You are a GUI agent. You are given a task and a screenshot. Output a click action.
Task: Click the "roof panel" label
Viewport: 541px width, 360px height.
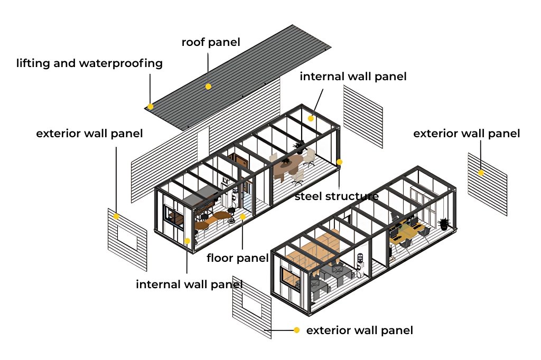(x=211, y=42)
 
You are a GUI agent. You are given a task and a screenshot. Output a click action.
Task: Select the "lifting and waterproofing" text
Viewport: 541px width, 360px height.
(x=89, y=64)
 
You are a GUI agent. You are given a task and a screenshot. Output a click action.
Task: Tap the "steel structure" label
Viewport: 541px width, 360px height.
(x=337, y=196)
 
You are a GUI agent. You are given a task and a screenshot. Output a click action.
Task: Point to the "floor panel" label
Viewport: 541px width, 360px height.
(x=237, y=258)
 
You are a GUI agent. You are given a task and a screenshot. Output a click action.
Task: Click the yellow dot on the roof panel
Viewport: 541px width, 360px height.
(x=208, y=86)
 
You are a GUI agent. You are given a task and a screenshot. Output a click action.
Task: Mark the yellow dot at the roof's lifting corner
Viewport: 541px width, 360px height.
(x=151, y=107)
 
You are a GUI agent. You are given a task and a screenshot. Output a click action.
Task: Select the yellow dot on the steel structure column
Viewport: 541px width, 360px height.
(x=339, y=162)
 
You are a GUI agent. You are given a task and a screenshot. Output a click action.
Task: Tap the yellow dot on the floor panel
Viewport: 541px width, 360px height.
(x=242, y=216)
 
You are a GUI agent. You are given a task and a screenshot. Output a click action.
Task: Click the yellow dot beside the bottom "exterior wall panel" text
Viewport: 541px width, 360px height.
(x=297, y=330)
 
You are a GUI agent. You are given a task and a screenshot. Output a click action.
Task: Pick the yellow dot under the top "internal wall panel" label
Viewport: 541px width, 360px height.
(x=311, y=118)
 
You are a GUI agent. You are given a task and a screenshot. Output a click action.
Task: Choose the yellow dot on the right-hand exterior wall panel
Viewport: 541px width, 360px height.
(x=481, y=173)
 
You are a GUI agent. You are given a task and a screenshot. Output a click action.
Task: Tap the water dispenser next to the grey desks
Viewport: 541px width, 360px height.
(x=360, y=263)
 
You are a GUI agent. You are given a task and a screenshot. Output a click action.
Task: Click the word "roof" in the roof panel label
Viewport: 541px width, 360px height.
(x=193, y=42)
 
